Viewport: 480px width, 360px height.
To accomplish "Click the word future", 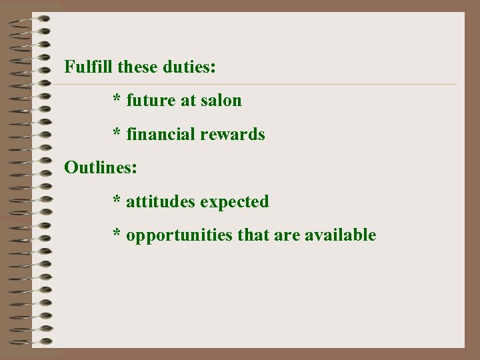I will [x=151, y=101].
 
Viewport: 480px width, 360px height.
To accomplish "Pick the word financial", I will [x=157, y=135].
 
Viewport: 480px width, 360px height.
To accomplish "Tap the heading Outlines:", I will [x=101, y=167].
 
